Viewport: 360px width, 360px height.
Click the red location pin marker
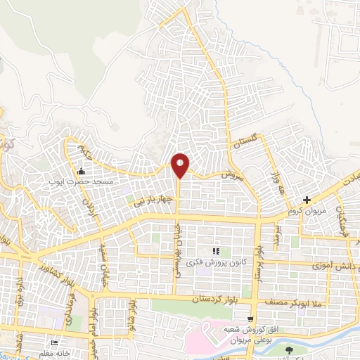pos(181,165)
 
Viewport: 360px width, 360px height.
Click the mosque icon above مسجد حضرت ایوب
pos(82,171)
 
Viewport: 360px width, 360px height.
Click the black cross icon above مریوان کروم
pos(307,200)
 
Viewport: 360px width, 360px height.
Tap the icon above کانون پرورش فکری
pos(216,250)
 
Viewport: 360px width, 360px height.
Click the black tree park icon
pos(289,349)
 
